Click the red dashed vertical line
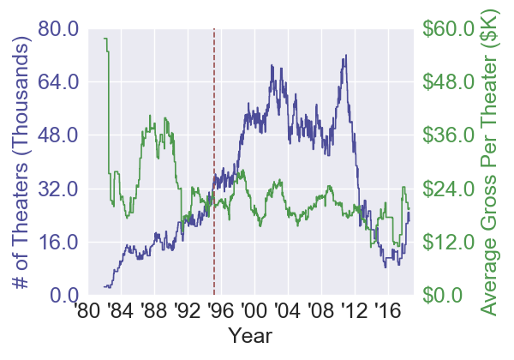tap(214, 129)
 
